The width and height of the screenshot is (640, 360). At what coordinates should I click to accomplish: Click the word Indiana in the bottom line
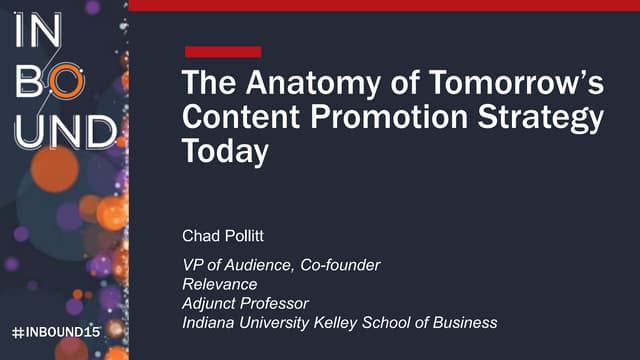coord(208,322)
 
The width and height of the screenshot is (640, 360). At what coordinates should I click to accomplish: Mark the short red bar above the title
coord(223,51)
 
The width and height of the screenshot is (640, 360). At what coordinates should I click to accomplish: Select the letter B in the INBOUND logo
coord(27,83)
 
